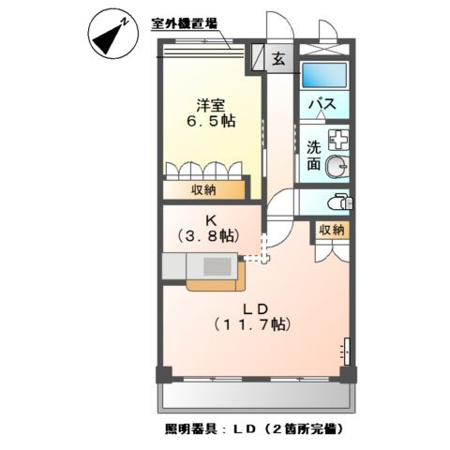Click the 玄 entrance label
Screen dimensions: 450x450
pos(279,59)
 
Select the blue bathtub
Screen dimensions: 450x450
pos(325,76)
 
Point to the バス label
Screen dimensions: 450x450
pos(325,105)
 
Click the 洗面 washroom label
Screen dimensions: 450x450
pos(313,155)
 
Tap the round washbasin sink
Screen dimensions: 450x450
pos(338,166)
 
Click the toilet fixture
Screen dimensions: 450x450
pos(340,201)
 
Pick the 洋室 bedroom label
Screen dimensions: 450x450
pos(209,104)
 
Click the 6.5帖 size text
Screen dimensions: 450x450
pos(209,122)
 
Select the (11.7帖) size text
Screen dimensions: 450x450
pos(255,325)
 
